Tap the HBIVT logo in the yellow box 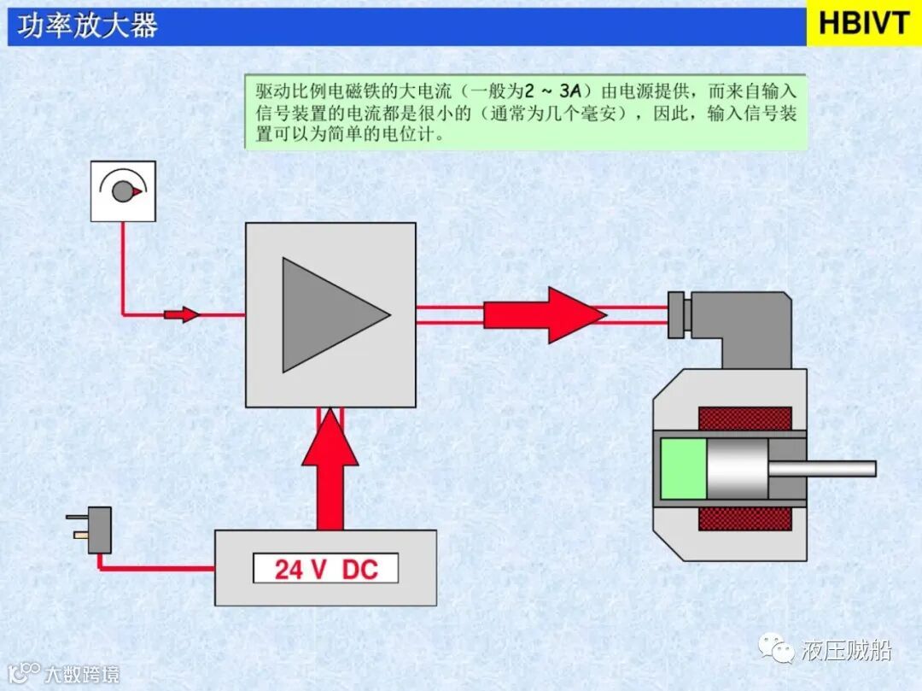click(x=863, y=24)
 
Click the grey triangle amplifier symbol click(x=329, y=315)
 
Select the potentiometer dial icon click(x=123, y=190)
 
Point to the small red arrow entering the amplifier click(x=182, y=314)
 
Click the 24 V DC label click(x=325, y=569)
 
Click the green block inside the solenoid click(x=684, y=468)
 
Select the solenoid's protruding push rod click(x=823, y=468)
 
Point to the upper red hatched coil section click(x=744, y=419)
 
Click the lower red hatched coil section click(x=744, y=518)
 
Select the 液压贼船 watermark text click(x=846, y=651)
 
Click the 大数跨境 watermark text click(x=81, y=674)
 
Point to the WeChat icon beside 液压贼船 click(x=779, y=651)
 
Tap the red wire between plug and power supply click(x=154, y=567)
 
